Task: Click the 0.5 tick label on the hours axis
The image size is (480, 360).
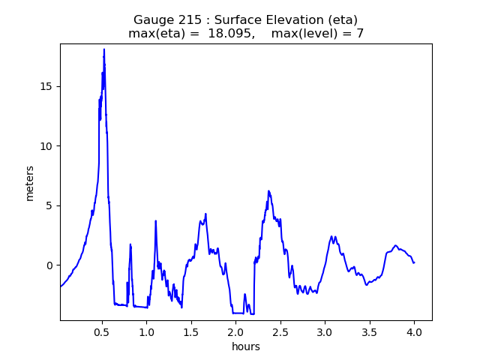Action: pyautogui.click(x=102, y=331)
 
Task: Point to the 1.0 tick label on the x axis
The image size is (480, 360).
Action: pyautogui.click(x=146, y=331)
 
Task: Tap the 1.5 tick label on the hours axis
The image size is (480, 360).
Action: pyautogui.click(x=191, y=331)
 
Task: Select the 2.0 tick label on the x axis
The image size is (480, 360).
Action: pyautogui.click(x=235, y=331)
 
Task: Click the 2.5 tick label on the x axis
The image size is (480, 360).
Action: pyautogui.click(x=280, y=331)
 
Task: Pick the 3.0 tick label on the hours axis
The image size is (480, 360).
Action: pyautogui.click(x=325, y=331)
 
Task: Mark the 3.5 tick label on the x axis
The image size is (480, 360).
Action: pyautogui.click(x=370, y=331)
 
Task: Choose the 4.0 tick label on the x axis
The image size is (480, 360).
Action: pyautogui.click(x=414, y=331)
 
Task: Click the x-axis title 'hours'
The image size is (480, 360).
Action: pyautogui.click(x=246, y=346)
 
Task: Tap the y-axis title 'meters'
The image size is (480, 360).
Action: pyautogui.click(x=30, y=182)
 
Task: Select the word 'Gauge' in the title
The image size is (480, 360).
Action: pyautogui.click(x=152, y=19)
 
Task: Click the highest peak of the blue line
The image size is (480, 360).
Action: pyautogui.click(x=104, y=49)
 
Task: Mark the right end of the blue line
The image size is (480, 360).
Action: pyautogui.click(x=414, y=262)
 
